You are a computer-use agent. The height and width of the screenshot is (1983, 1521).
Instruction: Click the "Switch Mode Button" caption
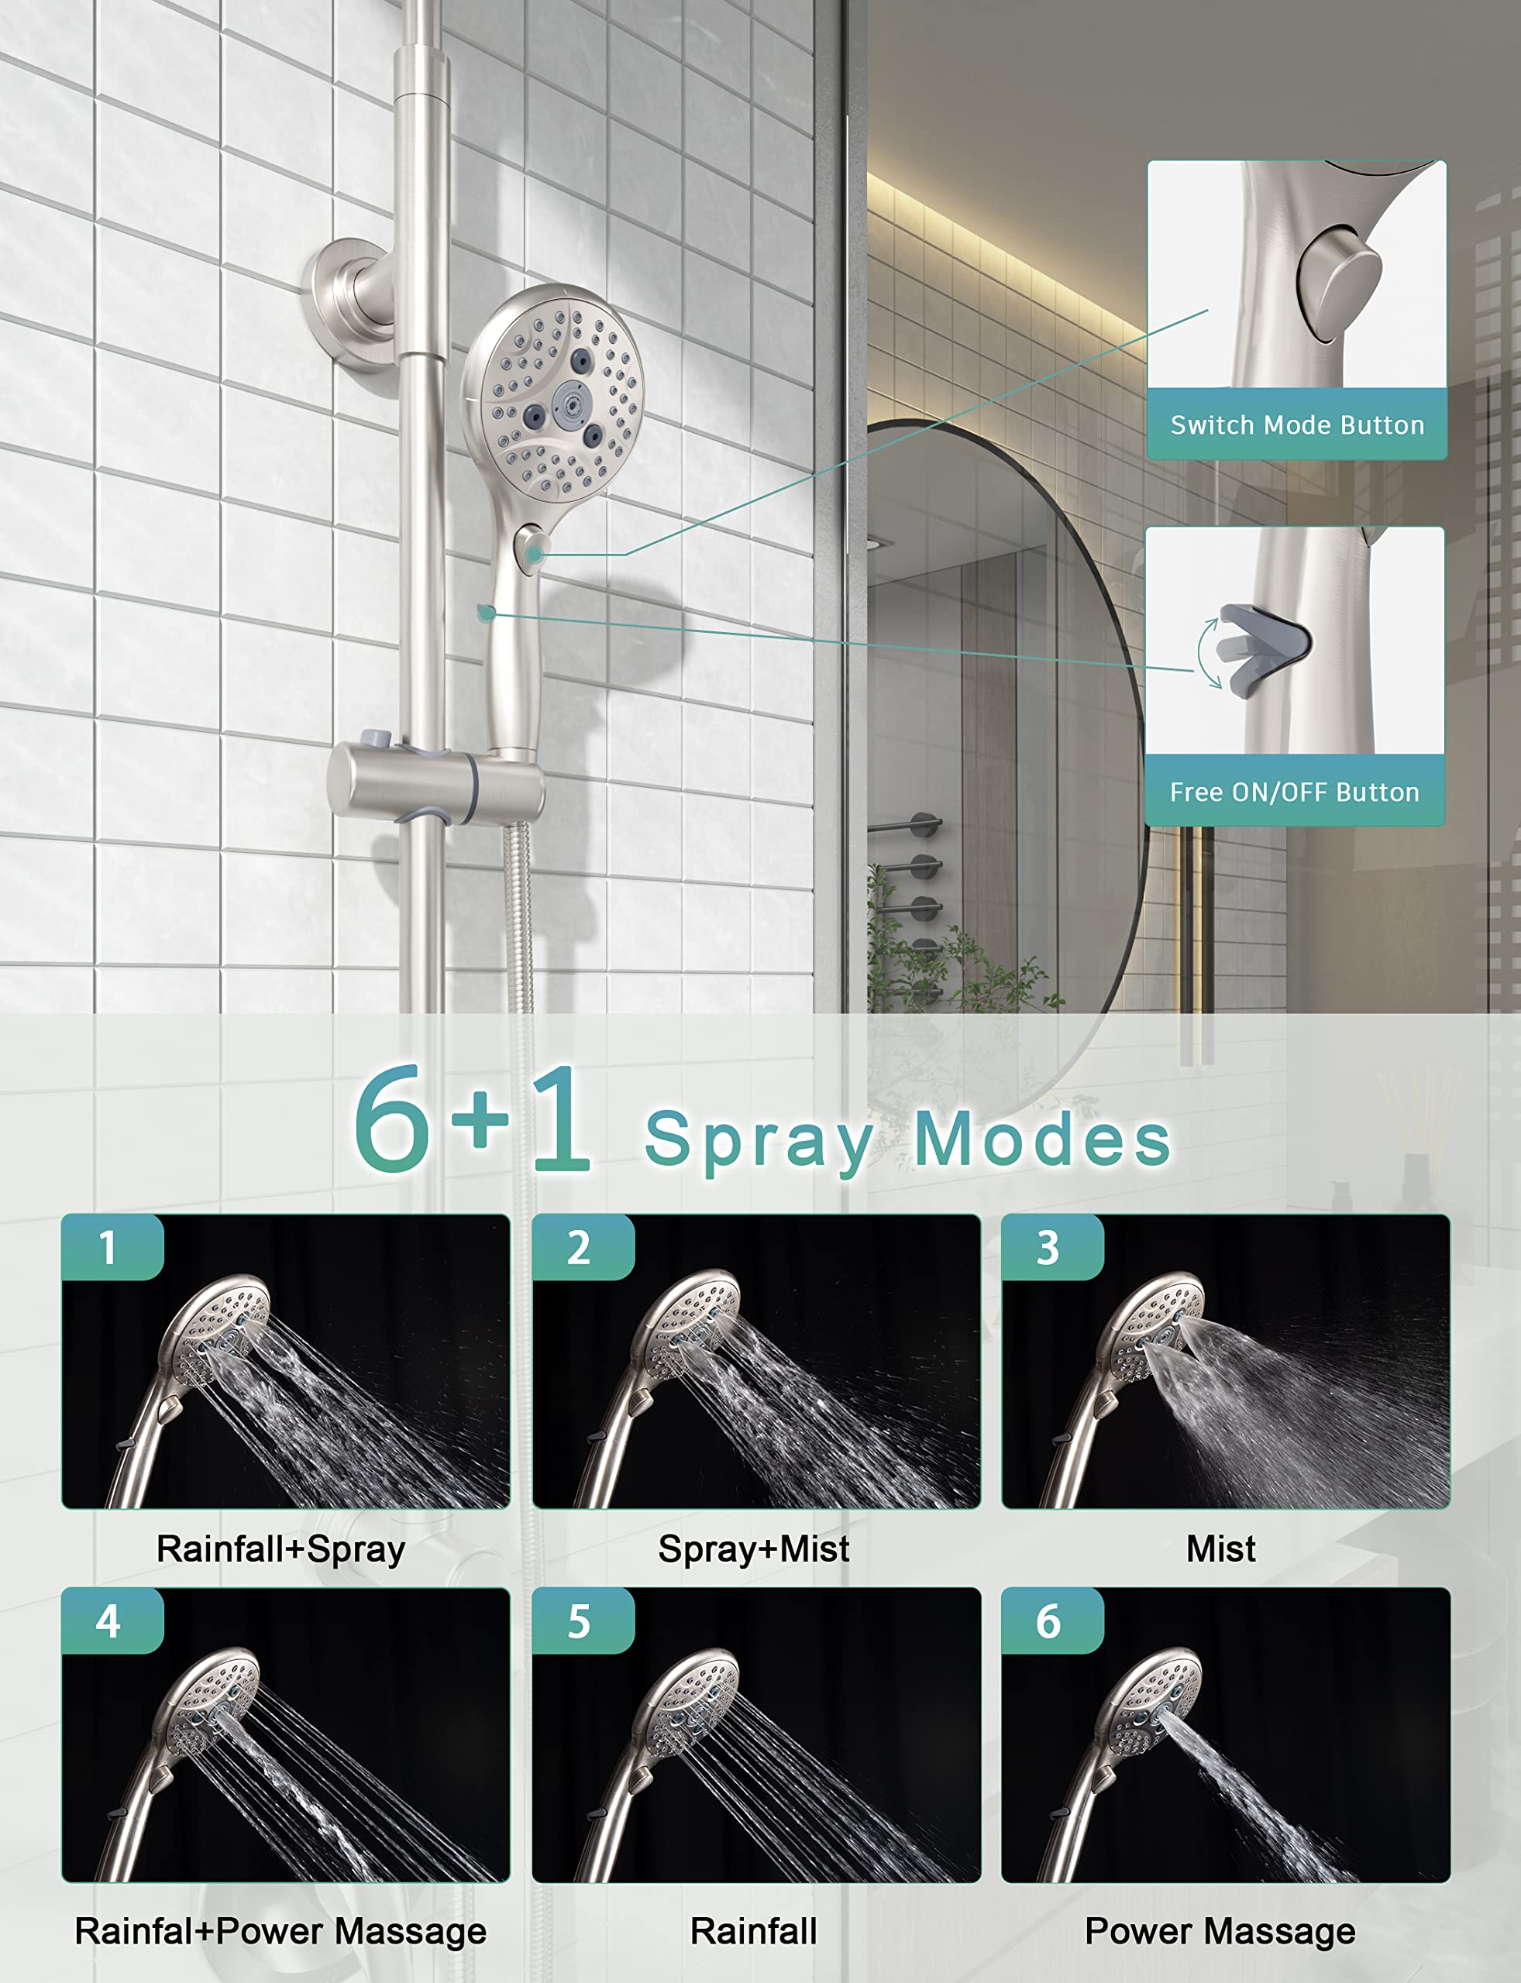(x=1296, y=424)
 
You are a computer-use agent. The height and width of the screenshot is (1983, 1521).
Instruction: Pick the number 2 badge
(x=580, y=1247)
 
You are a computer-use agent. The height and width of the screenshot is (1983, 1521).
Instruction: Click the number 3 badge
(x=1049, y=1247)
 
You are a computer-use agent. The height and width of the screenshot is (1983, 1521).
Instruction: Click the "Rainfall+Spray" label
(x=280, y=1549)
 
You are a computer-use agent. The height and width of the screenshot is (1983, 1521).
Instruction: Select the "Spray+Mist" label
(x=753, y=1549)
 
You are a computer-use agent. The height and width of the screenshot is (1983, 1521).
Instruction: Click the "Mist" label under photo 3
(x=1220, y=1549)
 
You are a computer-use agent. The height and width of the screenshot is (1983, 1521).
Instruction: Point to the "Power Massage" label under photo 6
(x=1220, y=1931)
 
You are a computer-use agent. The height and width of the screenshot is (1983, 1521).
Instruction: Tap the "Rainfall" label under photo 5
(x=753, y=1931)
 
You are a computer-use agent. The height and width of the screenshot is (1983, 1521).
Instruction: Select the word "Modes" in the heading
(x=1043, y=1139)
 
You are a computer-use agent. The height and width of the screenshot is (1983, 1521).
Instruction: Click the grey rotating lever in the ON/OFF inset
(x=1263, y=643)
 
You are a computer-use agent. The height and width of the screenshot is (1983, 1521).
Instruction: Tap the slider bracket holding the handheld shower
(x=435, y=783)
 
